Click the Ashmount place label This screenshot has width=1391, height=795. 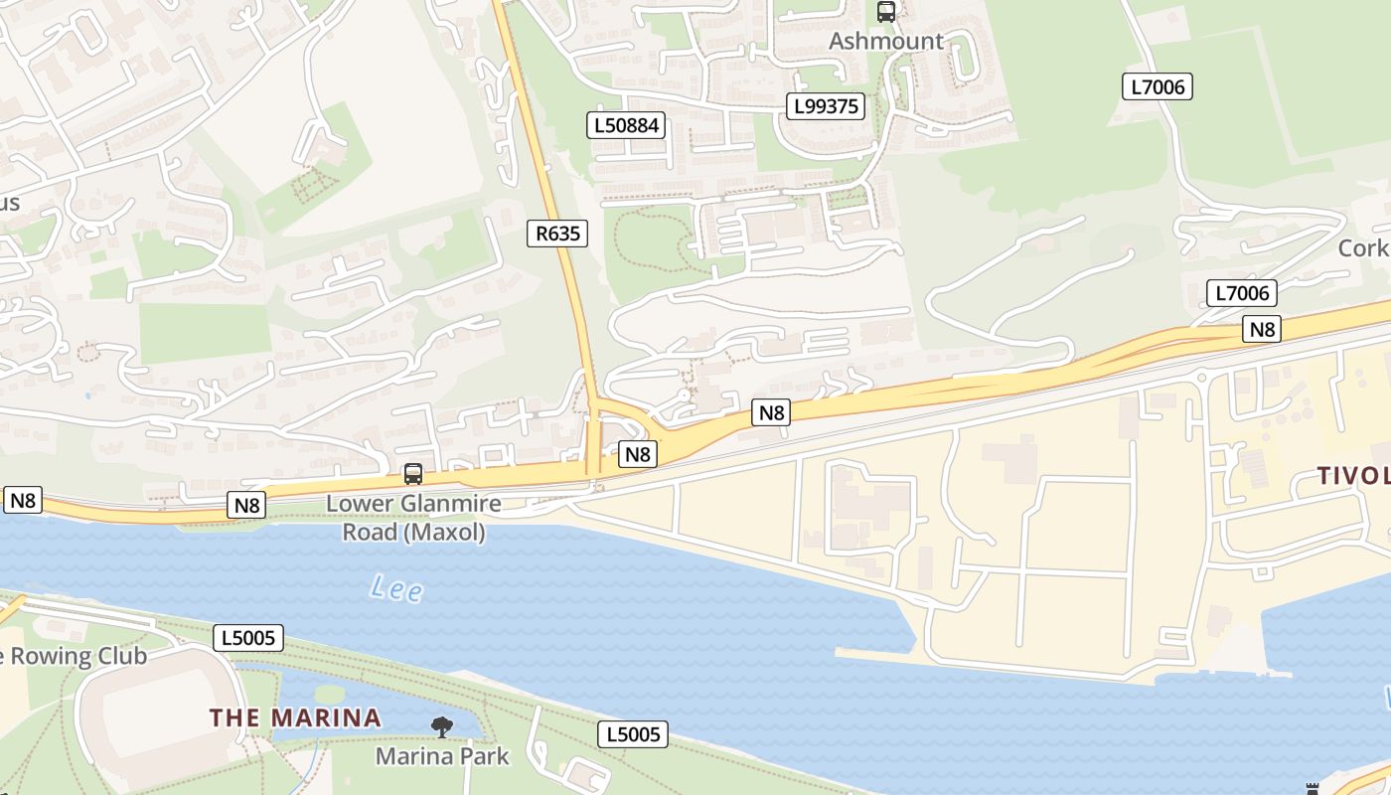pyautogui.click(x=885, y=41)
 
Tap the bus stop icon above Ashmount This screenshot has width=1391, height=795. pyautogui.click(x=885, y=12)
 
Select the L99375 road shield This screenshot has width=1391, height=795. pyautogui.click(x=826, y=106)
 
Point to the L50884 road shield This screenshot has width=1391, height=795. pyautogui.click(x=626, y=125)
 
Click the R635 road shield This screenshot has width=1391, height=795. pyautogui.click(x=556, y=234)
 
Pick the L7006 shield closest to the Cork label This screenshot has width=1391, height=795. pyautogui.click(x=1241, y=293)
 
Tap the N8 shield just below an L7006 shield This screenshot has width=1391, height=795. pyautogui.click(x=1261, y=329)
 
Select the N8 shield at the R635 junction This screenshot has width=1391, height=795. pyautogui.click(x=637, y=454)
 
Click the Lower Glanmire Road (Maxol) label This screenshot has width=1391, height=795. pyautogui.click(x=413, y=518)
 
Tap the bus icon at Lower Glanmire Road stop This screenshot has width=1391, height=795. pyautogui.click(x=413, y=474)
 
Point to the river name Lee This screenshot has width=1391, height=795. pyautogui.click(x=396, y=588)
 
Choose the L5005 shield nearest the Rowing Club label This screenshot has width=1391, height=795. pyautogui.click(x=248, y=637)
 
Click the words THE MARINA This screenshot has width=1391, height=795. pyautogui.click(x=295, y=717)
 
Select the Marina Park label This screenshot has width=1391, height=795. pyautogui.click(x=442, y=756)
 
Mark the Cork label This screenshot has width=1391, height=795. pyautogui.click(x=1363, y=247)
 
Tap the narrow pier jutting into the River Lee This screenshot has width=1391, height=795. pyautogui.click(x=874, y=654)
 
